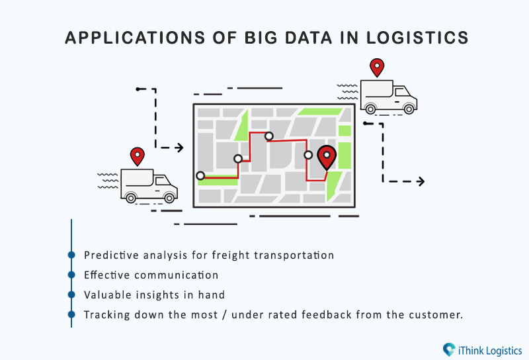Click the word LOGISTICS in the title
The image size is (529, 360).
click(417, 38)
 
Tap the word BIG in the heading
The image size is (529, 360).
click(261, 38)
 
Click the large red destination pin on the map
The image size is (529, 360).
click(327, 157)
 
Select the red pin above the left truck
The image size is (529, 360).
click(138, 156)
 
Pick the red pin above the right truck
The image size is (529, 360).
click(377, 67)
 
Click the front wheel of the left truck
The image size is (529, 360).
click(169, 197)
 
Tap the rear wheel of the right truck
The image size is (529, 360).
click(370, 109)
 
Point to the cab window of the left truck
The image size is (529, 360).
click(162, 181)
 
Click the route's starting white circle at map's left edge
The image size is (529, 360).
click(200, 175)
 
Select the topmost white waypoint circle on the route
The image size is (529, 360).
click(269, 136)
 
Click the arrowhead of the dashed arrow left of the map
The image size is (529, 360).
click(180, 148)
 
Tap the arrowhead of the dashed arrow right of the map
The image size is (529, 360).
click(421, 181)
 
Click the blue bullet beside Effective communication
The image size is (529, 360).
click(71, 275)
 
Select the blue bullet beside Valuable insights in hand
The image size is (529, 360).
click(71, 294)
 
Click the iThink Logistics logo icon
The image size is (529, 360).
click(449, 349)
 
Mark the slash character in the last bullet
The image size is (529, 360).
click(225, 315)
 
